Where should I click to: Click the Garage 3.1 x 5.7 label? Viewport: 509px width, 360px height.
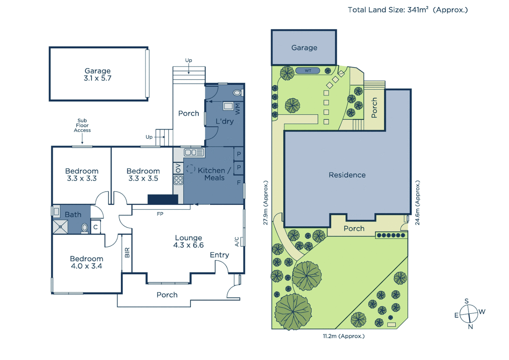(x=98, y=75)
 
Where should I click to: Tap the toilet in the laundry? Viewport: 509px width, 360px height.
(x=238, y=93)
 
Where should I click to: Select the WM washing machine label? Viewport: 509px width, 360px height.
(x=238, y=108)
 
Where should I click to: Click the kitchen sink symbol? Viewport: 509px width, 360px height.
(x=194, y=152)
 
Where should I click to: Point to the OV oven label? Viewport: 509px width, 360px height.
(x=178, y=168)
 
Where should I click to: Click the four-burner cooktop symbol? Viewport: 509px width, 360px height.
(x=178, y=180)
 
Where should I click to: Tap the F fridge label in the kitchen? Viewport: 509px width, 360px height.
(x=239, y=183)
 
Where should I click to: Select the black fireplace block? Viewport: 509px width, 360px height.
(x=163, y=199)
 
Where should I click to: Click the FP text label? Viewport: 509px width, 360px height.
(x=160, y=214)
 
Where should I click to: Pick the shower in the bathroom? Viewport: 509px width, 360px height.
(x=60, y=227)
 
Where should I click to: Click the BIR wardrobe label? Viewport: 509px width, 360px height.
(x=127, y=252)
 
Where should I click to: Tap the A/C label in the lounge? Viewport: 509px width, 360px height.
(x=237, y=242)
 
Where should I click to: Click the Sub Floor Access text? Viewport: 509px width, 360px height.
(x=82, y=125)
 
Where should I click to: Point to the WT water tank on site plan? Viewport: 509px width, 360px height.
(x=308, y=71)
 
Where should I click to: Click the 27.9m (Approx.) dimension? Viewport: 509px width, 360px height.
(x=265, y=203)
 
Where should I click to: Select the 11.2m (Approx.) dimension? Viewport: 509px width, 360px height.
(x=343, y=336)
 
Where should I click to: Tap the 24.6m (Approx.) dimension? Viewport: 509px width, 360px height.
(x=417, y=203)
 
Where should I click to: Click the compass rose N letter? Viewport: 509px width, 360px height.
(x=470, y=327)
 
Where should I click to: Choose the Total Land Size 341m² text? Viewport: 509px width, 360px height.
(x=408, y=10)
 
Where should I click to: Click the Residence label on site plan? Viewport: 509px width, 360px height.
(x=347, y=175)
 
